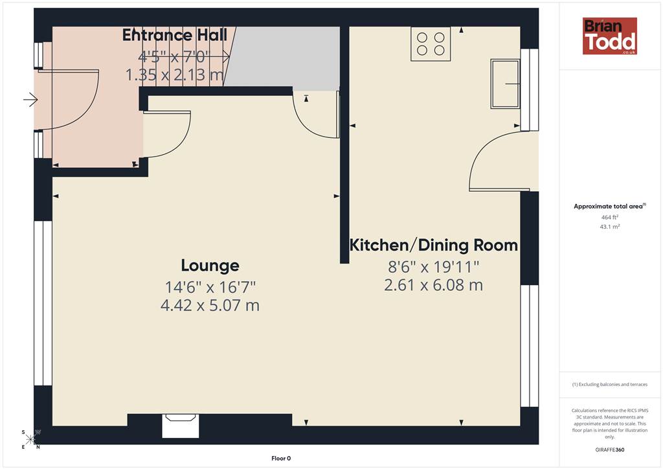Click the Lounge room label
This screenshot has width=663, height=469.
(x=210, y=266)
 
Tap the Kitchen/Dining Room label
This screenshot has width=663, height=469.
(x=433, y=246)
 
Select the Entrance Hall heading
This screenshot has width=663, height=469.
(x=175, y=35)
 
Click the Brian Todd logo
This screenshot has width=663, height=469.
(x=610, y=36)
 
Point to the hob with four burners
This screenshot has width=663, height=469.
(x=431, y=44)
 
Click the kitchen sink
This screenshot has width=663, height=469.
(x=505, y=84)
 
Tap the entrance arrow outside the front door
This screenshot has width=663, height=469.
(x=30, y=100)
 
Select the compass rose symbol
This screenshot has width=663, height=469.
(x=30, y=439)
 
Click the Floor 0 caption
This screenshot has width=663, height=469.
(x=281, y=459)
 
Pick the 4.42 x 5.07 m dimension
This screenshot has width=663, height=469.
(x=210, y=305)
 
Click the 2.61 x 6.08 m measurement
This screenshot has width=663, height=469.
(x=433, y=285)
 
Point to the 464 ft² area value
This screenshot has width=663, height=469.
(x=610, y=217)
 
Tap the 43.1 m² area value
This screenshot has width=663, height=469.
(x=610, y=227)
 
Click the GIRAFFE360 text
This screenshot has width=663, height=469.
(x=610, y=450)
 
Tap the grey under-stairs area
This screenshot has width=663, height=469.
(x=284, y=58)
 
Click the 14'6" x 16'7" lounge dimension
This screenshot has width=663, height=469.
(x=210, y=287)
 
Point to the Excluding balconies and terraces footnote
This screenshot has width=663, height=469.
(x=610, y=384)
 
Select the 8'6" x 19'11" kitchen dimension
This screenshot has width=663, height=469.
(x=433, y=267)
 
